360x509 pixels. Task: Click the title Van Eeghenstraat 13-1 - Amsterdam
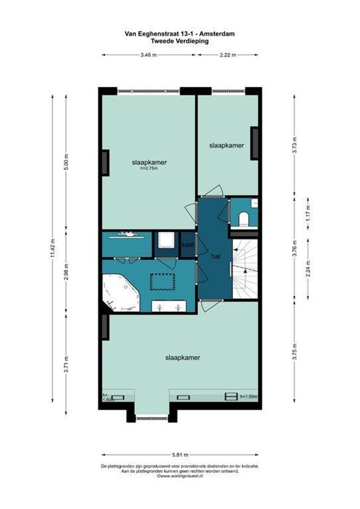[180, 34]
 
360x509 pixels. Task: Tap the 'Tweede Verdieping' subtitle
[180, 41]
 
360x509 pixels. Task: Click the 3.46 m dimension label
[148, 55]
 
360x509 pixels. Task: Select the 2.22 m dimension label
[228, 55]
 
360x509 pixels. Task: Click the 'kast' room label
[188, 245]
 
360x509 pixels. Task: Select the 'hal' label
[216, 256]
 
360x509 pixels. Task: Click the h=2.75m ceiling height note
[149, 168]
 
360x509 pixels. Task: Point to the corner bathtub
[121, 293]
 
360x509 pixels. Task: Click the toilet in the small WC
[243, 219]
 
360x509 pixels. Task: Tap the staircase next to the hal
[245, 269]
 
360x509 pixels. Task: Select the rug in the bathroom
[162, 282]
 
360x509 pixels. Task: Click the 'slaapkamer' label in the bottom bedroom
[183, 358]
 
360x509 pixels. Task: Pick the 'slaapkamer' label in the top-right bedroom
[227, 146]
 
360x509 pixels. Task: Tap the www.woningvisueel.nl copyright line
[180, 476]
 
